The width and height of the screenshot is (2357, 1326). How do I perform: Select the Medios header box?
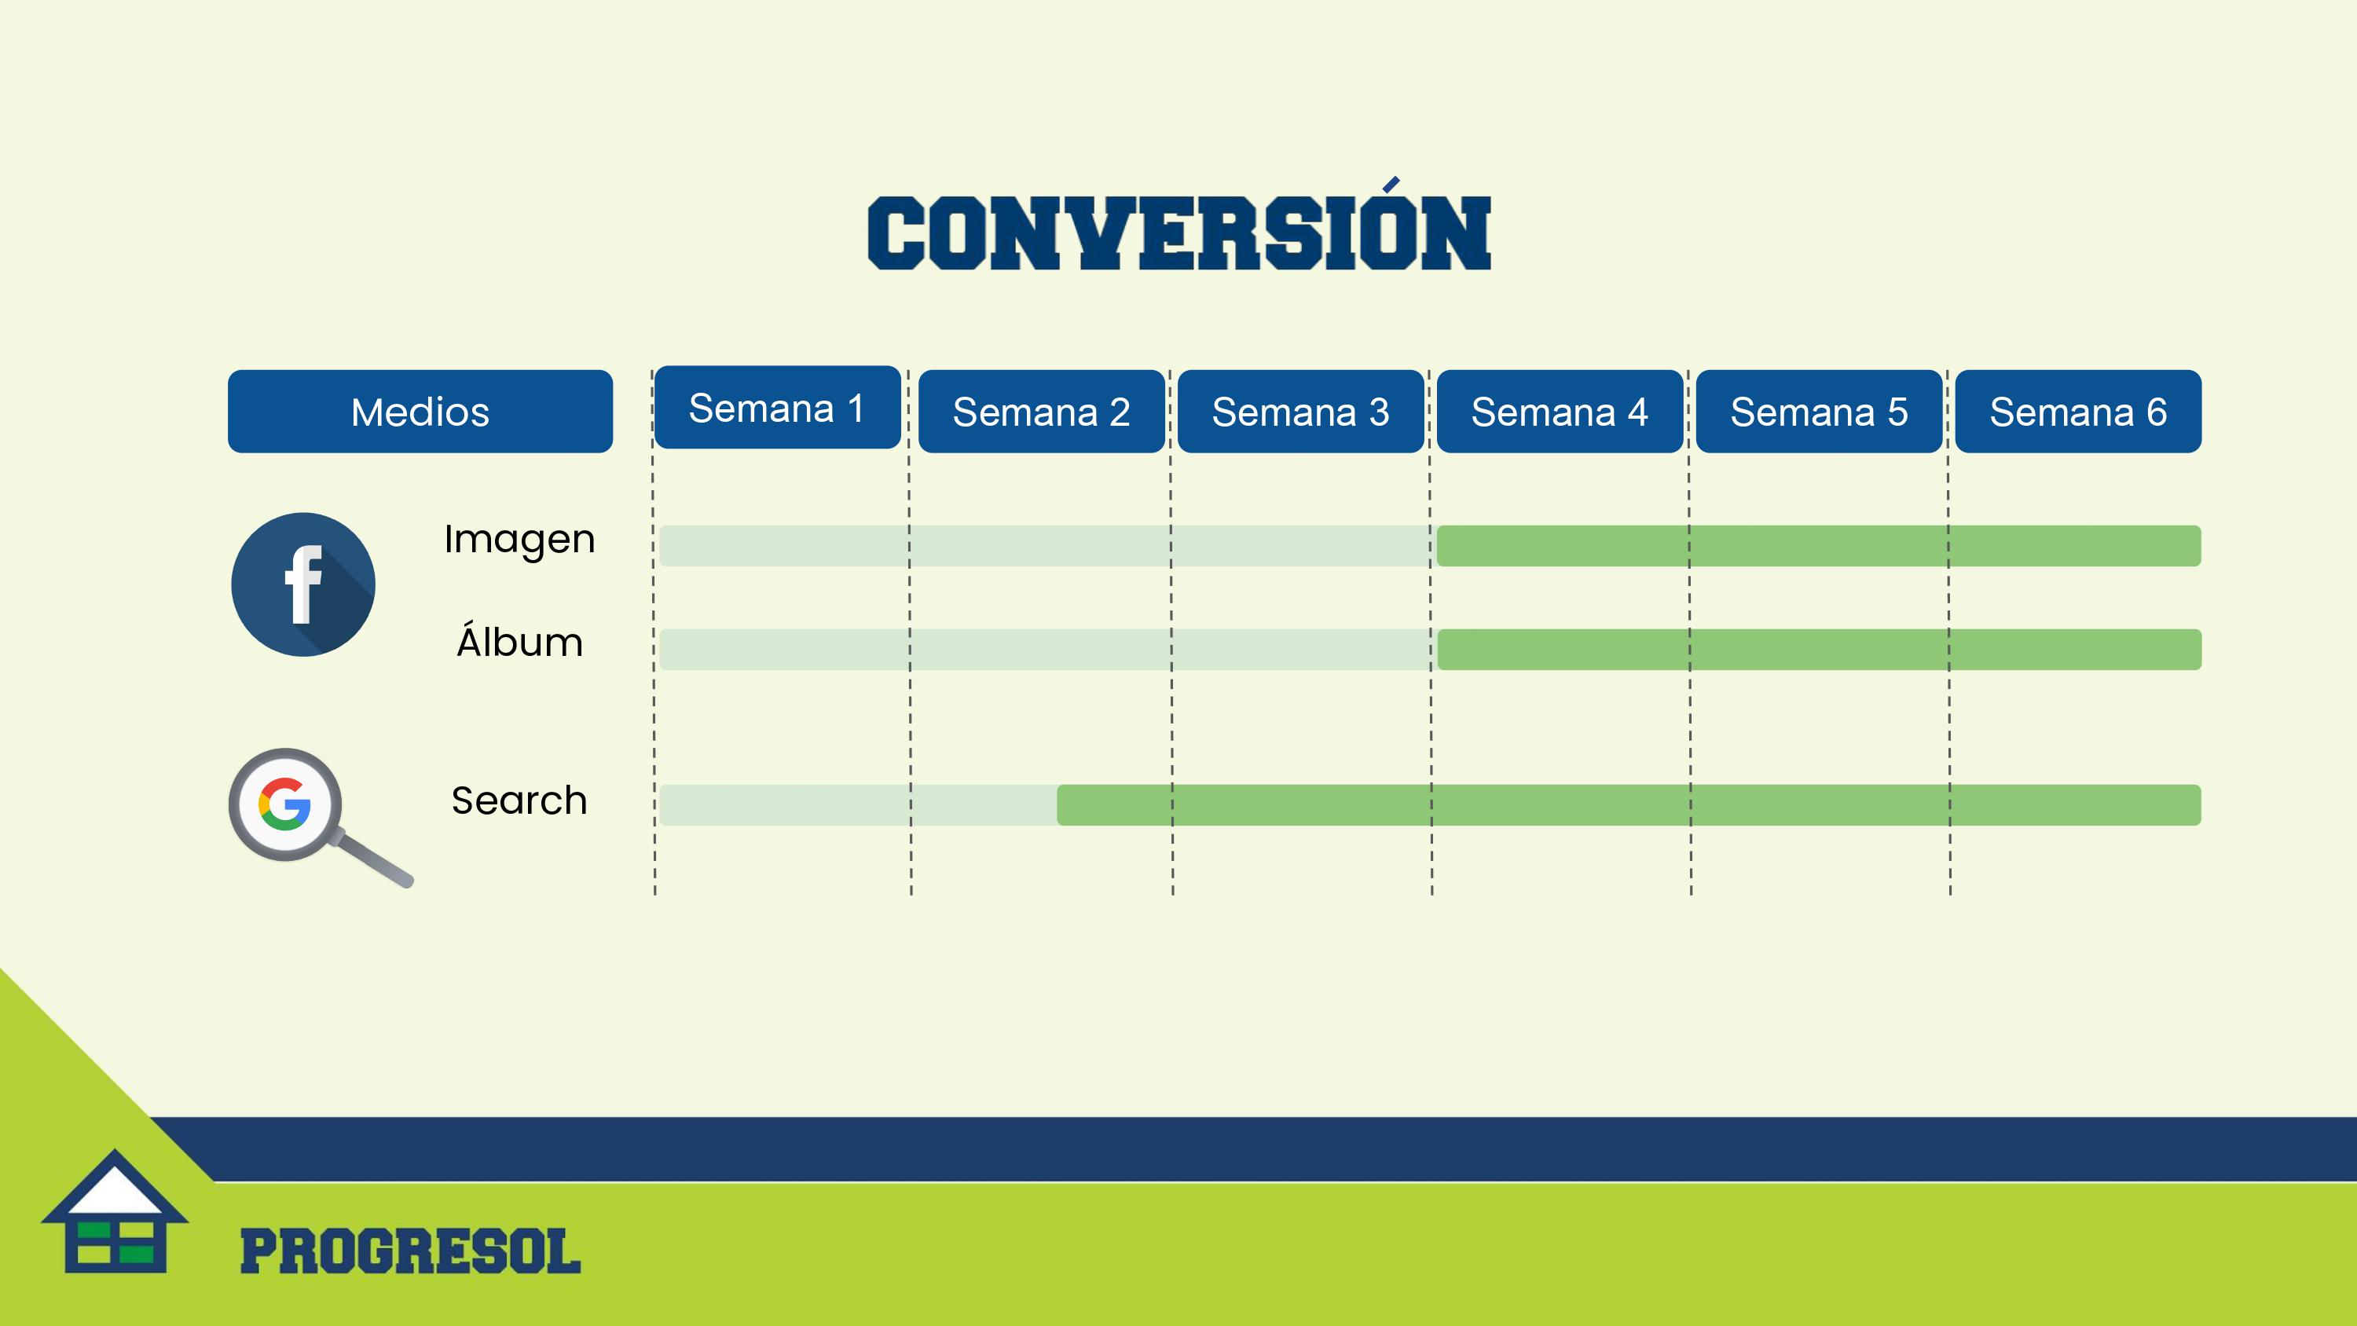[420, 411]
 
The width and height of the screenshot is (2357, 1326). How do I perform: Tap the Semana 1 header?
[778, 407]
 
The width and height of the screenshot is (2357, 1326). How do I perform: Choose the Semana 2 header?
[1041, 411]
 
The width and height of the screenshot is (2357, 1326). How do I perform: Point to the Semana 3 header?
[1300, 411]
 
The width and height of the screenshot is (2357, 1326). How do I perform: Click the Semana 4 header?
[1560, 411]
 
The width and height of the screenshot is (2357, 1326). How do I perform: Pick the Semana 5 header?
[1819, 411]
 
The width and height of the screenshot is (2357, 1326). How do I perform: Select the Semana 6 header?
[2078, 411]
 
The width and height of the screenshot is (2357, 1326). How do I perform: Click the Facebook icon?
[302, 584]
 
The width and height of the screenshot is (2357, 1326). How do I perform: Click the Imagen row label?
[519, 540]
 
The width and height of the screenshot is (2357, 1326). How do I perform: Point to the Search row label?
[519, 800]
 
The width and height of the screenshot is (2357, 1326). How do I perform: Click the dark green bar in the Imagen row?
[1819, 545]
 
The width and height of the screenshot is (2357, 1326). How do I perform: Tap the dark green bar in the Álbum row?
[1819, 649]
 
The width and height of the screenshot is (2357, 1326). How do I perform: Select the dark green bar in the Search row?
[1629, 804]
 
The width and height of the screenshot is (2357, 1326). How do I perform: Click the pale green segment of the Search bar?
[858, 804]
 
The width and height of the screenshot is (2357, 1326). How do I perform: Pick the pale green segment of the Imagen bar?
[1047, 545]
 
